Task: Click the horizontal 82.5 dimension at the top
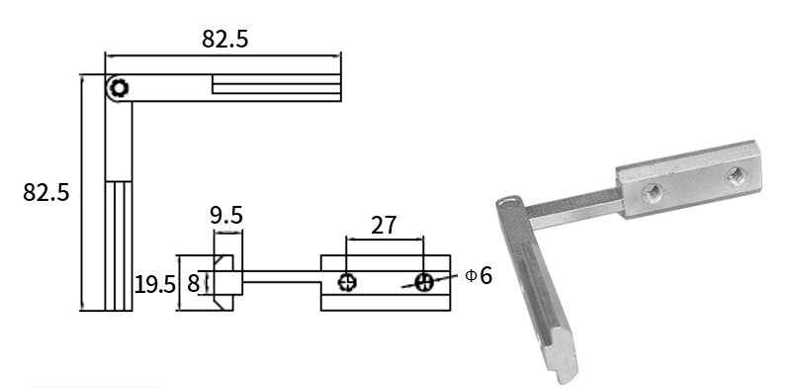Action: (225, 39)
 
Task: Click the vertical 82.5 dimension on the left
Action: (45, 192)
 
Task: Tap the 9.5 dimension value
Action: (226, 215)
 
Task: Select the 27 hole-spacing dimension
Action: (384, 226)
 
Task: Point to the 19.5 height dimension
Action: (155, 285)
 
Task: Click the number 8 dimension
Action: (193, 283)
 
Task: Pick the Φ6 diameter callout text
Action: (479, 275)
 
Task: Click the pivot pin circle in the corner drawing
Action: (119, 88)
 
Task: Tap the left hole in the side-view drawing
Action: (348, 282)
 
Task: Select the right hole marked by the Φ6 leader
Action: (424, 282)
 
